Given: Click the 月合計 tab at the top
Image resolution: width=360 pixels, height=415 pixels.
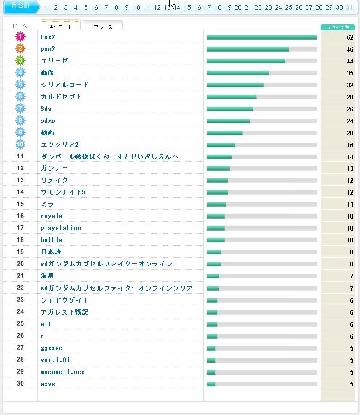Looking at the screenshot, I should click(20, 7).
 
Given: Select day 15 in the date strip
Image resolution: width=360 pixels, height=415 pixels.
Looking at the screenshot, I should click(187, 7).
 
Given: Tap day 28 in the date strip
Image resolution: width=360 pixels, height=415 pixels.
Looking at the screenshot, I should click(319, 7).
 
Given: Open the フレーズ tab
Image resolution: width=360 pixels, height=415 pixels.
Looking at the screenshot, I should click(103, 27).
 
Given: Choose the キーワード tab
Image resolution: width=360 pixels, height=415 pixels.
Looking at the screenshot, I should click(60, 27).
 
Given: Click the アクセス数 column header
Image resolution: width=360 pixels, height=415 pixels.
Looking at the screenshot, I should click(337, 27).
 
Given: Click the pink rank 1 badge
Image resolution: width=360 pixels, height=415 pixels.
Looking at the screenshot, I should click(20, 36).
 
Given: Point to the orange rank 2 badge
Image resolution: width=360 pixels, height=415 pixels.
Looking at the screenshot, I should click(20, 48).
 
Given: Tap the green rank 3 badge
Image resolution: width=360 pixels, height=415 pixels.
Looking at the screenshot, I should click(20, 60).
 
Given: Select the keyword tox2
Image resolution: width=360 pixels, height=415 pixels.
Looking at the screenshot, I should click(48, 37).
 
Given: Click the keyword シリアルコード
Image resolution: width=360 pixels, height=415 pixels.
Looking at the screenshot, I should click(65, 85).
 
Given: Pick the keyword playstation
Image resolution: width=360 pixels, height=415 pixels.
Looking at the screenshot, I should click(61, 228).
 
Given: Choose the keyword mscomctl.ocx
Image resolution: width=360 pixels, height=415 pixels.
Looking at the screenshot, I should click(63, 372).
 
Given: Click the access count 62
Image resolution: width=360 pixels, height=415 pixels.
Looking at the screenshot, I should click(350, 37).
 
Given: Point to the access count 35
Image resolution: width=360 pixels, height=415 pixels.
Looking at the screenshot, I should click(350, 73).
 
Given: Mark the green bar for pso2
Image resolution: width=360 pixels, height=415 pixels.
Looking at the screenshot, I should click(247, 49).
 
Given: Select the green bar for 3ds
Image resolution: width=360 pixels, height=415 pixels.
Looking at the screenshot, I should click(230, 109).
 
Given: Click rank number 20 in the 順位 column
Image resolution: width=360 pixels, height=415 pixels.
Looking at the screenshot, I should click(20, 264).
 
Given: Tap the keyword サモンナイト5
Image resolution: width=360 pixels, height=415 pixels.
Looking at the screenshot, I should click(63, 192).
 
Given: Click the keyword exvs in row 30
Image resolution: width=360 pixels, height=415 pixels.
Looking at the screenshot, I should click(48, 384).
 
